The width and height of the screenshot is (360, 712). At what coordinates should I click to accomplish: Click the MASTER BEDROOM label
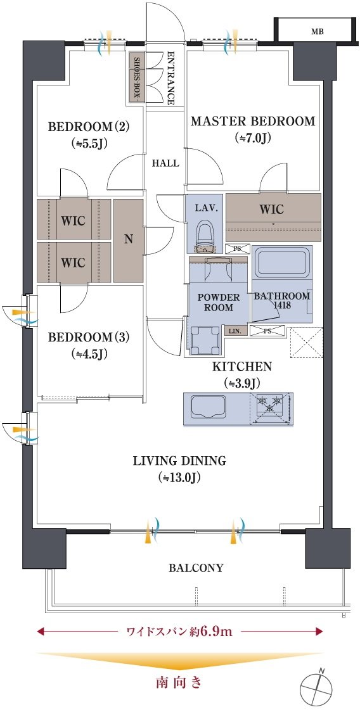(x=253, y=121)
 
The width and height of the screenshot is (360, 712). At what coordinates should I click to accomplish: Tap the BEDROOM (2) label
(x=89, y=126)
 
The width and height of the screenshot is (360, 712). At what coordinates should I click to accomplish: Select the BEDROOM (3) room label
(x=89, y=338)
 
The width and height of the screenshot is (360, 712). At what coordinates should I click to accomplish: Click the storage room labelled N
(x=129, y=241)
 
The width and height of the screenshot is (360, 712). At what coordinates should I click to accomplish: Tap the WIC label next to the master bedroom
(x=272, y=209)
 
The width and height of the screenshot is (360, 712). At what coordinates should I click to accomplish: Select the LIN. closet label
(x=236, y=331)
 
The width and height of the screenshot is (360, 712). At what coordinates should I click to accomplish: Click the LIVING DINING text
(x=179, y=461)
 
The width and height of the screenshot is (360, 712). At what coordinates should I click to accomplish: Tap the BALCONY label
(x=196, y=568)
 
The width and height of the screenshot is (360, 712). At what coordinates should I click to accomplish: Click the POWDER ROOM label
(x=218, y=302)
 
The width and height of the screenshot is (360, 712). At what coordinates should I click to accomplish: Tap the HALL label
(x=165, y=163)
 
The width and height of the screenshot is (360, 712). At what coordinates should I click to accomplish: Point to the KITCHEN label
(x=242, y=366)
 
